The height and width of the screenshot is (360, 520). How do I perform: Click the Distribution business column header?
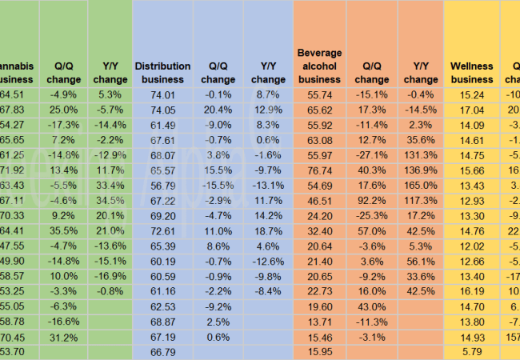[x=162, y=73]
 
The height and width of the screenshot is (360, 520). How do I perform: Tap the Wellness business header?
[x=471, y=73]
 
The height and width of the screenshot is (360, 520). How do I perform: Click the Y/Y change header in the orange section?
[x=420, y=73]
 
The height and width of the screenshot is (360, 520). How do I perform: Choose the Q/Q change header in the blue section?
[x=218, y=73]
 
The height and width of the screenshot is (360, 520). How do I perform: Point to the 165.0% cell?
[x=420, y=186]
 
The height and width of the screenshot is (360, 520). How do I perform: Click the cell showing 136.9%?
[x=420, y=171]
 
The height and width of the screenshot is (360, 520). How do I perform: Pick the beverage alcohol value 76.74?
[x=319, y=171]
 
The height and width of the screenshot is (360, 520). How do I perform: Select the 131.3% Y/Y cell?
[x=420, y=155]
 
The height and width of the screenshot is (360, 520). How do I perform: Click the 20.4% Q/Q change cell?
[x=217, y=110]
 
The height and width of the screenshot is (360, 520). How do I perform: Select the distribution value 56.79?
[x=162, y=186]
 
